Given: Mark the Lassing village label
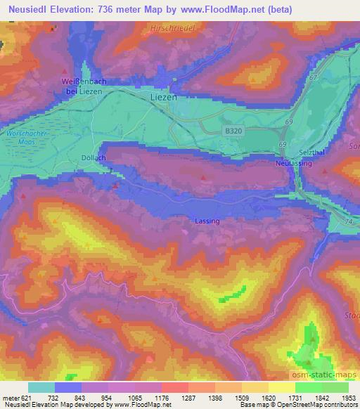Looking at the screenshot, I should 207,221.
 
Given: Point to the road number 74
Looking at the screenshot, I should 348,221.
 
